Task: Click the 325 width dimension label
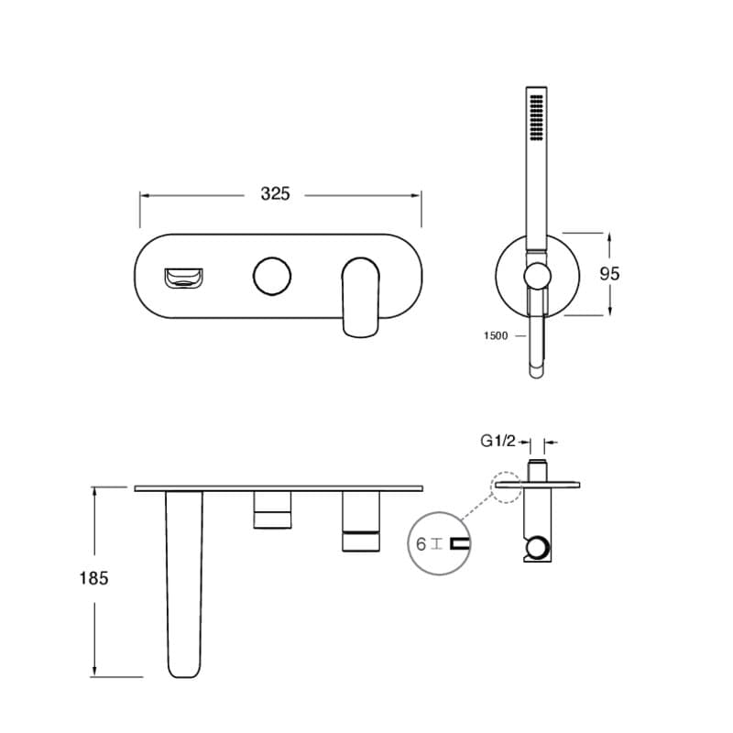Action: point(275,193)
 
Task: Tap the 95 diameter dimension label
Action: point(609,273)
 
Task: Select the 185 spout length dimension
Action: point(93,578)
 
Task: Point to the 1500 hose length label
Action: point(496,335)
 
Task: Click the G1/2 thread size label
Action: point(498,441)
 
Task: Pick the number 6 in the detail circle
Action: point(421,544)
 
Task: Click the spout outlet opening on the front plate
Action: point(183,279)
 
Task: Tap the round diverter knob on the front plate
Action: point(271,276)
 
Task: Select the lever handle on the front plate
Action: point(360,297)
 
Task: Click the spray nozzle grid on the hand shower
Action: point(536,117)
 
